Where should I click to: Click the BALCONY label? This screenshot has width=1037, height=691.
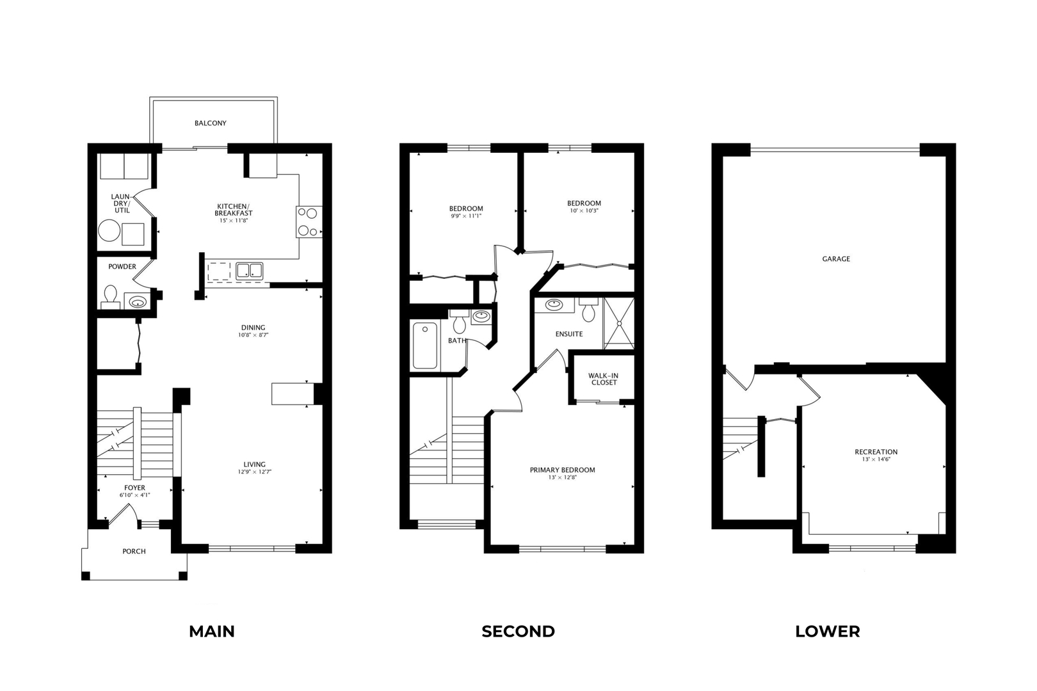210,123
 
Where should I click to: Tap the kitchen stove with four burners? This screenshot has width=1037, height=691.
309,222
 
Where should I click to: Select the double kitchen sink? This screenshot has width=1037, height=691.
249,271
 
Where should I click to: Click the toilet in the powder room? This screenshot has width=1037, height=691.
111,296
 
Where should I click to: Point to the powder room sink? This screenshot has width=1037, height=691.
136,301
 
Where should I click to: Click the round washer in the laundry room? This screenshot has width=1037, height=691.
109,231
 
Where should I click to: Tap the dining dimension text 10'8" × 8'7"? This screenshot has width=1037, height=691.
253,335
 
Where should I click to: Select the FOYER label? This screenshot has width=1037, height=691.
134,488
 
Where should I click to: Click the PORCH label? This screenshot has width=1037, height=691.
134,551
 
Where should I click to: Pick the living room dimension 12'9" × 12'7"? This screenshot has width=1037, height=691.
254,472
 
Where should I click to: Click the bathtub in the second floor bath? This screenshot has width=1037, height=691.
424,345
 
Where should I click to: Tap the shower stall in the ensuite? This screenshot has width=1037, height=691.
618,323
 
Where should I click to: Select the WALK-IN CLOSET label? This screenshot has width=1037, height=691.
604,379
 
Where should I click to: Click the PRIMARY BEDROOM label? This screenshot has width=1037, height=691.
562,470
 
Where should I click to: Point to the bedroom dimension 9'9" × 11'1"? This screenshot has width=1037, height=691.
465,216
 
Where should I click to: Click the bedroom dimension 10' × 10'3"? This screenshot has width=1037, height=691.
583,210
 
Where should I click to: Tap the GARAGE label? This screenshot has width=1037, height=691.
836,258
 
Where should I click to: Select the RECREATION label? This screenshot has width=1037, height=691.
876,452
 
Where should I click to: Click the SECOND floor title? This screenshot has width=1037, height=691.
518,631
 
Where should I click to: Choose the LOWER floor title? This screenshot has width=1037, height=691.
827,631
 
